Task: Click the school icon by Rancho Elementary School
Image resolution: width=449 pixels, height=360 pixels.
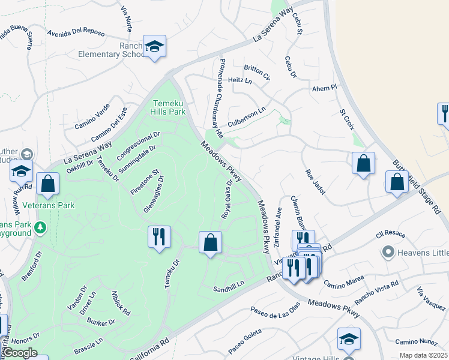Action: [x=154, y=47]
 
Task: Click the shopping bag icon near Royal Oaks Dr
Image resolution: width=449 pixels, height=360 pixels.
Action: [x=210, y=243]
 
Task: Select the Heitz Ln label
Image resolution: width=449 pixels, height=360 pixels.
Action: [x=240, y=80]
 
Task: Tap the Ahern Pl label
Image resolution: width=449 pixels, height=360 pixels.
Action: [x=326, y=88]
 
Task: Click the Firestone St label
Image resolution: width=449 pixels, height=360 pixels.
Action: [x=144, y=181]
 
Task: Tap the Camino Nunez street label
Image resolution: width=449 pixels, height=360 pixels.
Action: [x=415, y=341]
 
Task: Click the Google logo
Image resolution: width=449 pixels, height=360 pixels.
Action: [x=20, y=353]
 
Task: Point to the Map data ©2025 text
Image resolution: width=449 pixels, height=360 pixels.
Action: [x=423, y=355]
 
